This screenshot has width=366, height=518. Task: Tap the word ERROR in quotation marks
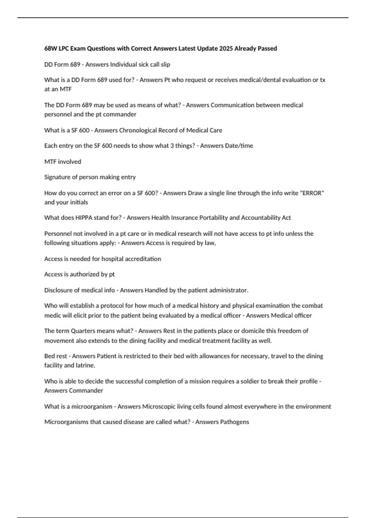tap(312, 193)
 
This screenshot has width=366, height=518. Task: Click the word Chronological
tap(138, 130)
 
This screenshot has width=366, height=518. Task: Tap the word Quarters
tap(85, 331)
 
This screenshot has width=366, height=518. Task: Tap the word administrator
tap(229, 290)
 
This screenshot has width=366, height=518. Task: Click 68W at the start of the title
tap(51, 48)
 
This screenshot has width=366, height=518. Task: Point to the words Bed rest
tap(56, 356)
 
